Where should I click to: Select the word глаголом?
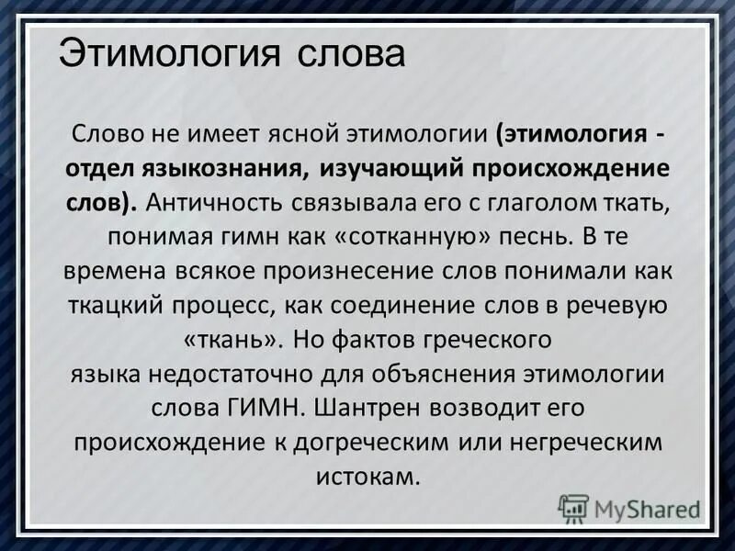[543, 202]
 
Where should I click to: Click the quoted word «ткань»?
[233, 338]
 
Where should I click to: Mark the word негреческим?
[581, 442]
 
